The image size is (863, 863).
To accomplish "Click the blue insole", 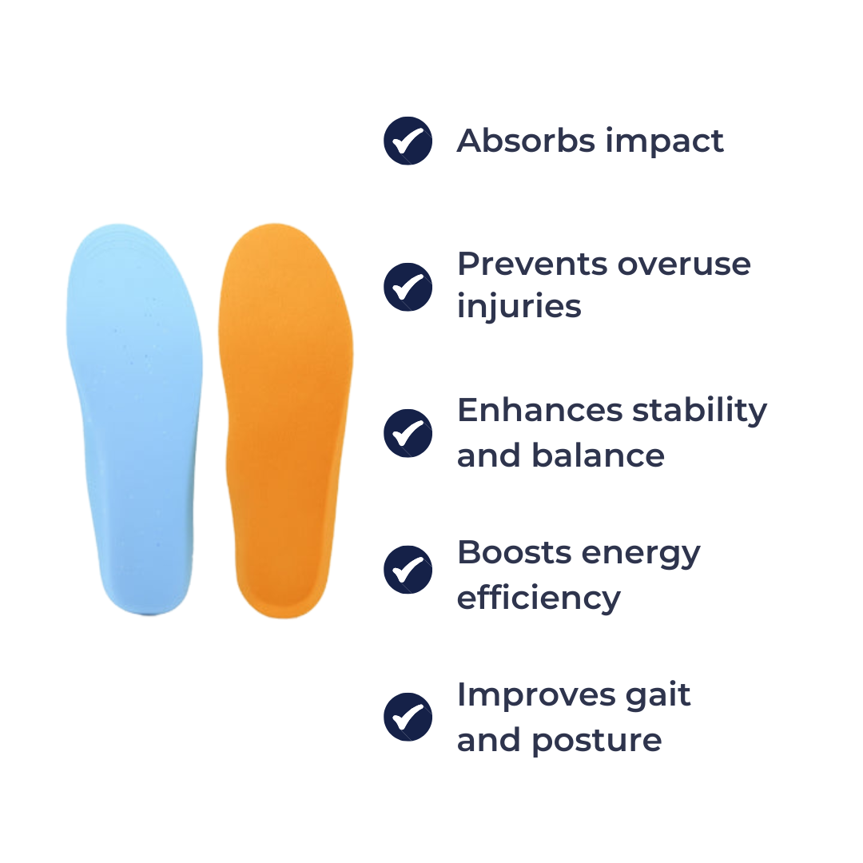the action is click(x=135, y=418).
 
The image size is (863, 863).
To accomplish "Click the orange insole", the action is click(x=285, y=421).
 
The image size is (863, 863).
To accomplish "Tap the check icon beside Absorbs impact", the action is click(x=408, y=141).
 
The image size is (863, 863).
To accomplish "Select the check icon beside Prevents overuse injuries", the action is click(x=408, y=287).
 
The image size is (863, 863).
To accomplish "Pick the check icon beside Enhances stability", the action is click(x=408, y=433).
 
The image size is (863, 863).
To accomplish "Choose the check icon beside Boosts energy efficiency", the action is click(x=408, y=570).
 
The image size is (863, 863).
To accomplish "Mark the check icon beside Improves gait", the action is click(x=408, y=717).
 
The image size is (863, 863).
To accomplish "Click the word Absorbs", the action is click(x=526, y=141).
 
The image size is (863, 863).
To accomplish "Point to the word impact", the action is click(x=665, y=142).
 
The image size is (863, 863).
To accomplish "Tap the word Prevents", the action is click(x=532, y=264).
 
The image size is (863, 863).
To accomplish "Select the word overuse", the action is click(x=684, y=267).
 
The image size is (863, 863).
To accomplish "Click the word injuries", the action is click(x=519, y=308).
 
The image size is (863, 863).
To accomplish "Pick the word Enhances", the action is click(x=540, y=410).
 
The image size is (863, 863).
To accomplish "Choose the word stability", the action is click(x=700, y=412).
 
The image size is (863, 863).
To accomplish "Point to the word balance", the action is click(x=599, y=455).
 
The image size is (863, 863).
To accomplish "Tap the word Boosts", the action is click(x=515, y=552).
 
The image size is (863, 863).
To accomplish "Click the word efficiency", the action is click(x=539, y=599).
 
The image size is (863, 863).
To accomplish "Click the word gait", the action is click(x=658, y=696).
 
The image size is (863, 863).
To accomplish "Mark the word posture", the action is click(x=597, y=742).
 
